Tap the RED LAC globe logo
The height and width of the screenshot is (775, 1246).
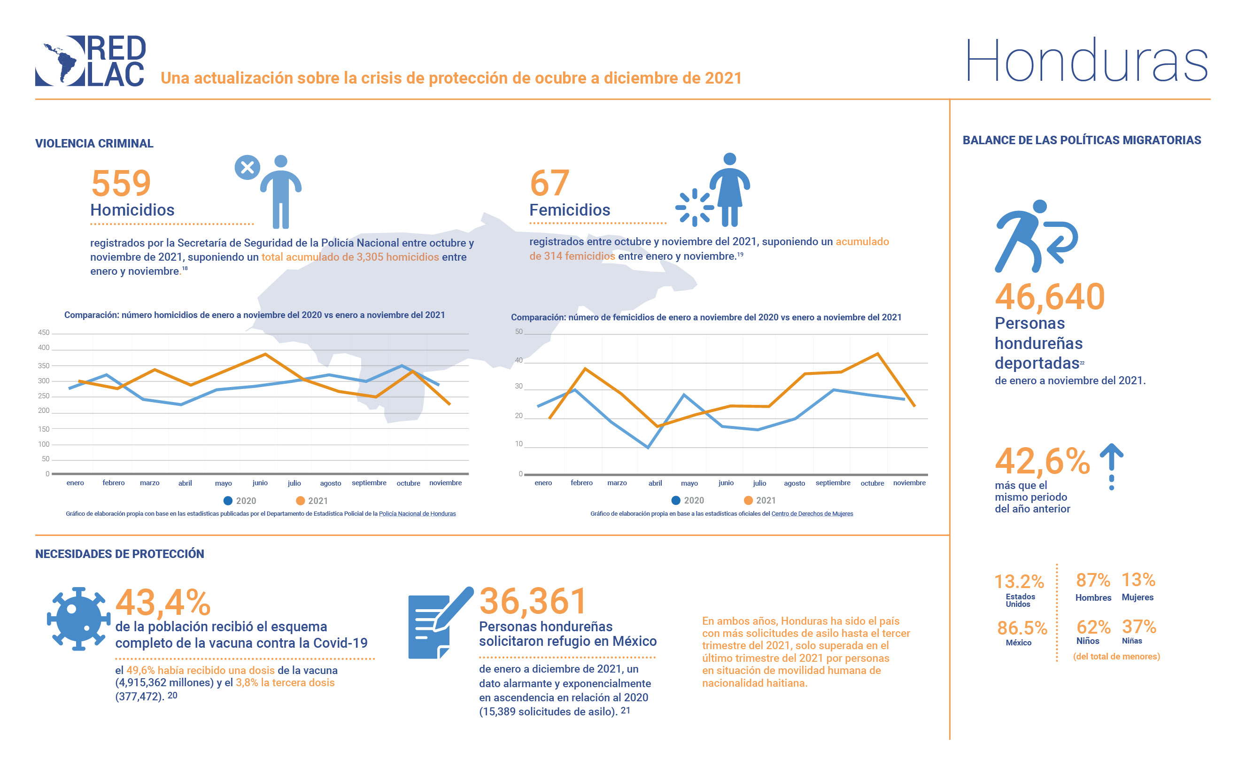point(60,61)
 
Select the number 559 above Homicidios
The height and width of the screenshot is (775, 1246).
point(121,183)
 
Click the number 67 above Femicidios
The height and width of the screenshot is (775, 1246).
point(549,183)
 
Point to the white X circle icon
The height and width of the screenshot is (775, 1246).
point(247,167)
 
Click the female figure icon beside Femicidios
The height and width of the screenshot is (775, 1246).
point(729,190)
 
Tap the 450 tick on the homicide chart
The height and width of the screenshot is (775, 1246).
point(44,333)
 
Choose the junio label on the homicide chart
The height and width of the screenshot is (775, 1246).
point(260,483)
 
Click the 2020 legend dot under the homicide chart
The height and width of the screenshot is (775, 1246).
point(228,501)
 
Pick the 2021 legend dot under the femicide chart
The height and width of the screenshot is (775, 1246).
point(748,500)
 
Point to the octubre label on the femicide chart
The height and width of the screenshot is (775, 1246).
point(872,483)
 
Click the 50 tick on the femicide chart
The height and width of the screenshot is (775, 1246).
point(519,332)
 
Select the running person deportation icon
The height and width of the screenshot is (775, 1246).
point(1035,236)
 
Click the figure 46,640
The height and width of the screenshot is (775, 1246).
point(1049,297)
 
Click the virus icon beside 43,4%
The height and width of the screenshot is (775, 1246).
point(78,619)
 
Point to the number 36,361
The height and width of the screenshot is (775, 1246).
point(533,601)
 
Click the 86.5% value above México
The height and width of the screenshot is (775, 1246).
point(1022,628)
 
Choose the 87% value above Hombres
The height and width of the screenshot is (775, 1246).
point(1092,580)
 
